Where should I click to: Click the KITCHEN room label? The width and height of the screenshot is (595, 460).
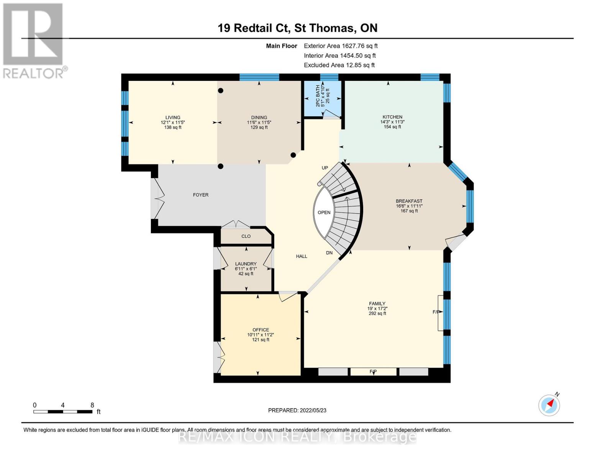(392, 117)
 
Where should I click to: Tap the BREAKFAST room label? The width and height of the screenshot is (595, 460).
(409, 201)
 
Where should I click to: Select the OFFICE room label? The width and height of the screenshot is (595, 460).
(261, 330)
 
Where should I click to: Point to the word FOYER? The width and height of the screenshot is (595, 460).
(201, 195)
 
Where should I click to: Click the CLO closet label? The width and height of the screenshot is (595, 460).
(246, 236)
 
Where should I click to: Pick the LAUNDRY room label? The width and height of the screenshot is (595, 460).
(246, 264)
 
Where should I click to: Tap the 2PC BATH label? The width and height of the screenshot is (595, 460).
(318, 96)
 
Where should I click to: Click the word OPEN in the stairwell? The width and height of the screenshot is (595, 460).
(324, 212)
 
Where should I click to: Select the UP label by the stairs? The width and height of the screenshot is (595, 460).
(325, 168)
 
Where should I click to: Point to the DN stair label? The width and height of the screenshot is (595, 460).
(329, 253)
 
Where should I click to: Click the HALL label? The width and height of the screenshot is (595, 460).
(302, 256)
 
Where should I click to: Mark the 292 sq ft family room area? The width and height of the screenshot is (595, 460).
(377, 314)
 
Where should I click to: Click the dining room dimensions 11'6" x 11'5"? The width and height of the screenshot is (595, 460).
(259, 122)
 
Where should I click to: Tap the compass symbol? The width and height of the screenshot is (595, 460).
(549, 405)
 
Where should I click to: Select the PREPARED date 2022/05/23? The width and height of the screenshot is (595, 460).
(313, 411)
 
